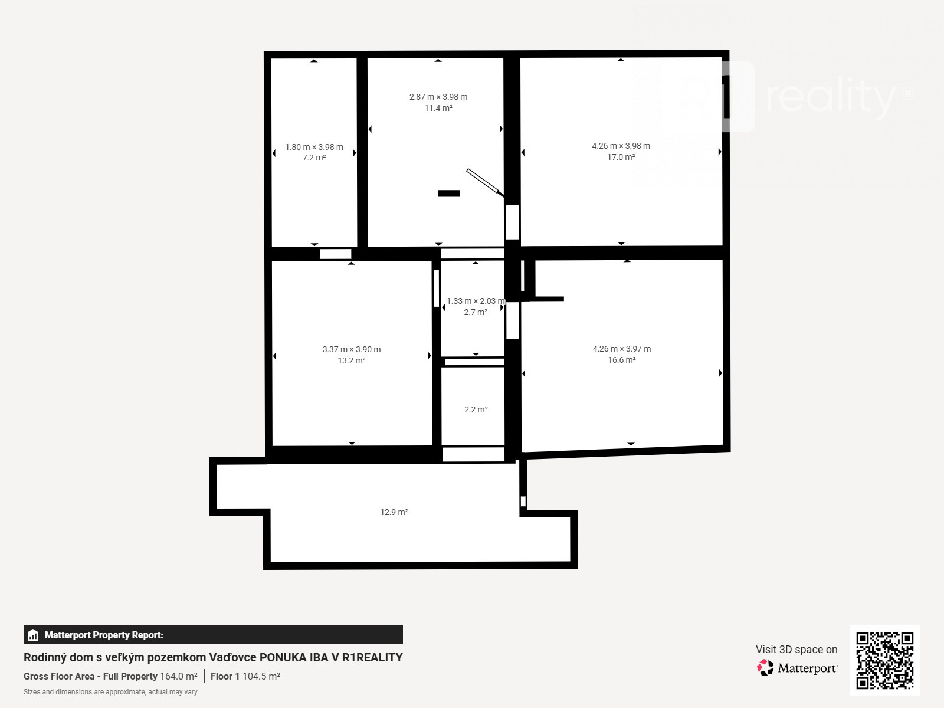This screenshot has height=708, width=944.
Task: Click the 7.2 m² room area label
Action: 314,158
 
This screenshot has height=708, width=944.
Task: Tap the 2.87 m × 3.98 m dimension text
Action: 438,97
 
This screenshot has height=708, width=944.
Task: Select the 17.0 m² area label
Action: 621,157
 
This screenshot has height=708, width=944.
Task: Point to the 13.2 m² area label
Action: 352,360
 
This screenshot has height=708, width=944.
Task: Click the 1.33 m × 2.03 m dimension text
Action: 476,301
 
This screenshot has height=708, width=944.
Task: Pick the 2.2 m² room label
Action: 476,409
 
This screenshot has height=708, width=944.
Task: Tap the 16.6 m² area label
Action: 621,360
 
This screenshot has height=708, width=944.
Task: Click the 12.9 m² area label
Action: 394,512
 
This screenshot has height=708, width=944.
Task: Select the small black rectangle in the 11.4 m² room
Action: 449,194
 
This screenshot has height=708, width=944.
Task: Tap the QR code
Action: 885,661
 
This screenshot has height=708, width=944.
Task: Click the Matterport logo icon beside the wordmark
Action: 765,668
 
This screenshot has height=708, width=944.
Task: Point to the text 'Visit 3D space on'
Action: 796,650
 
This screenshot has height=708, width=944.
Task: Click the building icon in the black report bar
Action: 33,635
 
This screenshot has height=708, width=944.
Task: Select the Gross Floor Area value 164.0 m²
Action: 179,676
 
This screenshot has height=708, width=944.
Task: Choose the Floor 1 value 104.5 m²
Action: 261,676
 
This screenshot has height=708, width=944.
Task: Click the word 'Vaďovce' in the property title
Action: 232,657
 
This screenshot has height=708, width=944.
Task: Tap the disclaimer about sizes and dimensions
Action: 110,692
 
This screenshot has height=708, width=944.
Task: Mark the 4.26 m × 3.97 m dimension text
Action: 622,349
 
